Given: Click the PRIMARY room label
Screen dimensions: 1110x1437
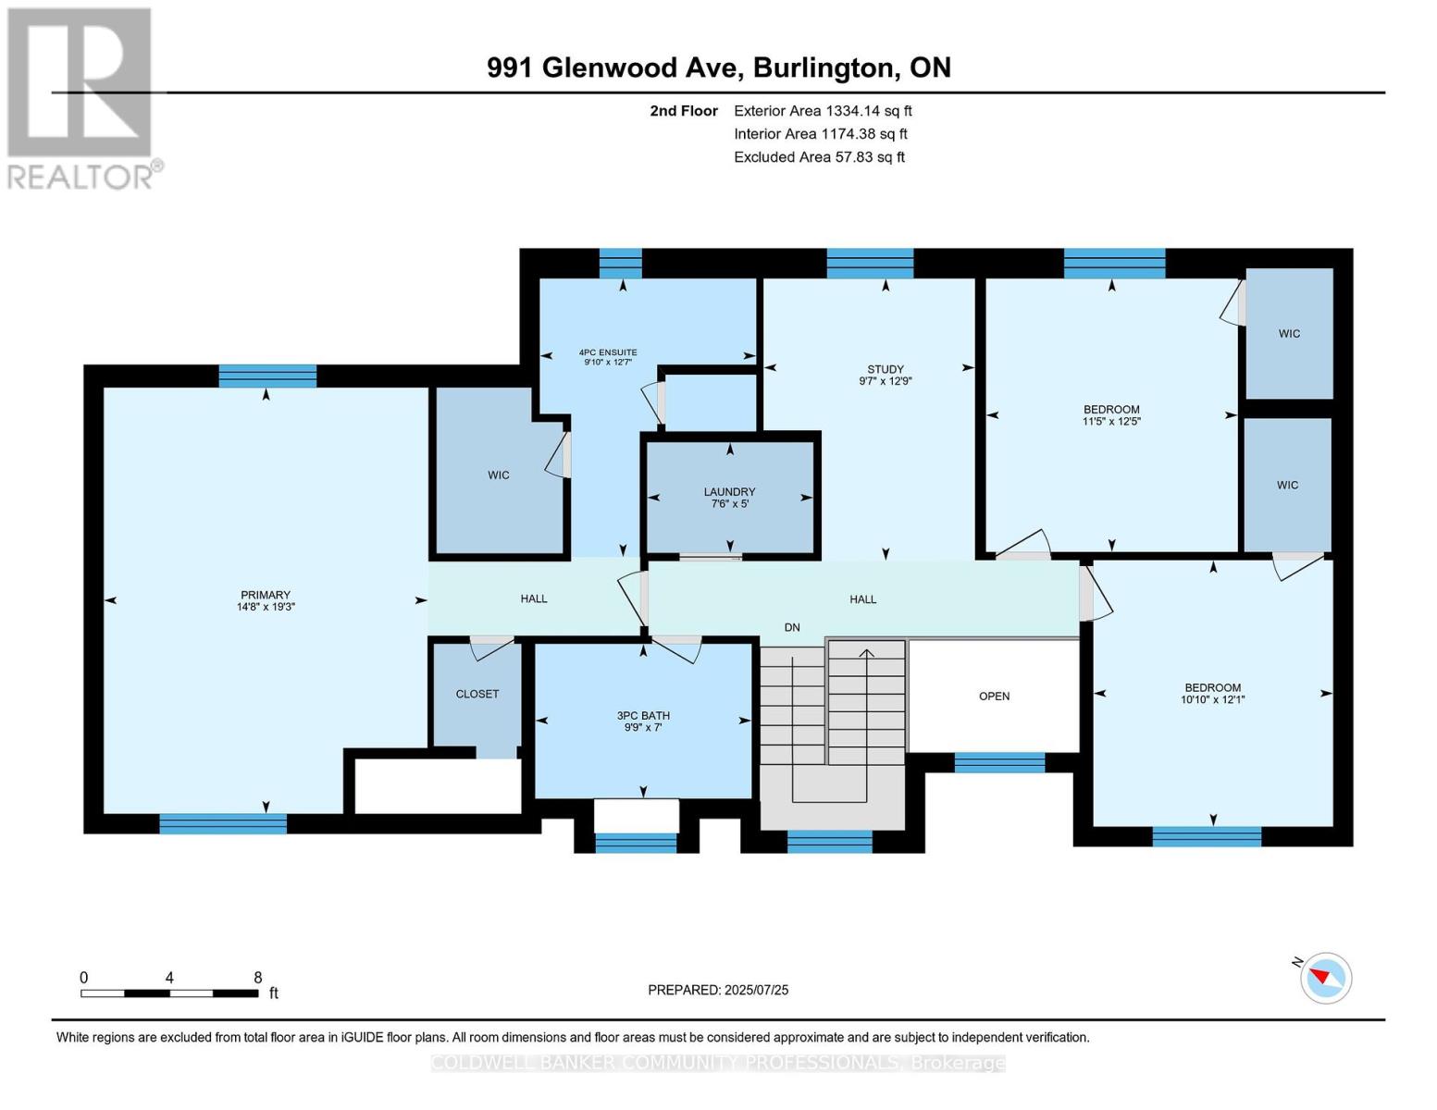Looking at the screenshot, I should point(266,595).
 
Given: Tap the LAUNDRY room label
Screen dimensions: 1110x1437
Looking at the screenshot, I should point(729,492).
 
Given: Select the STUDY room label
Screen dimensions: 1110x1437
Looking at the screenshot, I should point(886,369).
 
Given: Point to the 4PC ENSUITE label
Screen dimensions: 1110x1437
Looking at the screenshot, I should point(607,352).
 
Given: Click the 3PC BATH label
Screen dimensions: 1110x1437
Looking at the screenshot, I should point(643,715).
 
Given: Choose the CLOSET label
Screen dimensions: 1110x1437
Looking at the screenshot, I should point(477,694).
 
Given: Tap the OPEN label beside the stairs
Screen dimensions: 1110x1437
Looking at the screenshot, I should point(994,696).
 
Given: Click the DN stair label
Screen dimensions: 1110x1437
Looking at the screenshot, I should point(792,627).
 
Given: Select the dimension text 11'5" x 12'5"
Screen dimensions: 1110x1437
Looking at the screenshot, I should point(1111,422).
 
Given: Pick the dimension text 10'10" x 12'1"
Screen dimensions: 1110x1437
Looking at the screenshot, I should point(1212,700).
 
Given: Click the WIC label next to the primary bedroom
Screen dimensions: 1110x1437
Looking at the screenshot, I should point(499,475).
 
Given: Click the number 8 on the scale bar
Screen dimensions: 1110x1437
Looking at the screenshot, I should point(258,978).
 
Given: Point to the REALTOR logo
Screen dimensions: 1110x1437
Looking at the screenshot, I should point(82,97).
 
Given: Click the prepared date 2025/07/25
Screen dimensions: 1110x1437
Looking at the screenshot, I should point(756,990).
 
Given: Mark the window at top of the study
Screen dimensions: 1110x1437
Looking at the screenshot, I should point(869,264).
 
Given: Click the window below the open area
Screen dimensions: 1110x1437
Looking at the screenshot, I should point(999,763).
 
